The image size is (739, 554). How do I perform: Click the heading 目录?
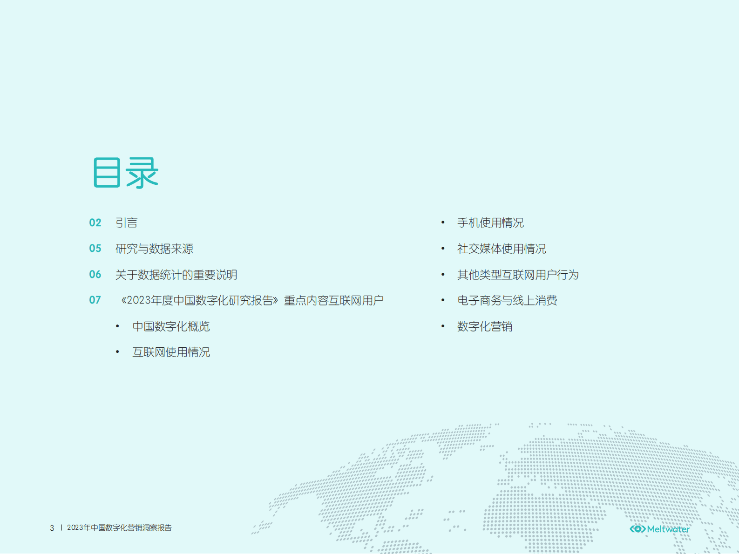tap(126, 173)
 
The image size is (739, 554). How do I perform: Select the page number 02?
tap(95, 223)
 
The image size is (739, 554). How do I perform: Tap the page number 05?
tap(95, 249)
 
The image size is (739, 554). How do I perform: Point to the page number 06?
tap(95, 275)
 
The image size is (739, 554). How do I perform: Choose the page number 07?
tap(95, 300)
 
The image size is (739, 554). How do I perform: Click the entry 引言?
tap(127, 223)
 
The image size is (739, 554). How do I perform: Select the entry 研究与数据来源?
tap(154, 249)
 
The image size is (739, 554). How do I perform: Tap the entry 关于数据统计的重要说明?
tap(176, 275)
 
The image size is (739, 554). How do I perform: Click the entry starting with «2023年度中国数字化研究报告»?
tap(252, 301)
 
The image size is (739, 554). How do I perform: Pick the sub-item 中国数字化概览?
tap(171, 326)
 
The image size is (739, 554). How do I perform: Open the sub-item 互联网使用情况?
tap(171, 352)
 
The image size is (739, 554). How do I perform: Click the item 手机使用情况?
tap(490, 223)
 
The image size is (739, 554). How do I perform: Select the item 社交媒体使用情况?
tap(502, 249)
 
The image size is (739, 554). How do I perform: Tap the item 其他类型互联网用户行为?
tap(518, 275)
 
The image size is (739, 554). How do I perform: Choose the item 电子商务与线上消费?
tap(507, 301)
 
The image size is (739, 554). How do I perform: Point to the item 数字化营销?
tap(485, 326)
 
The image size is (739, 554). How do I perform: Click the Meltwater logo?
tap(659, 529)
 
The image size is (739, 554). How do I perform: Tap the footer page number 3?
tap(52, 528)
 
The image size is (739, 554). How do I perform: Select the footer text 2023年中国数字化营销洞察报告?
tap(119, 528)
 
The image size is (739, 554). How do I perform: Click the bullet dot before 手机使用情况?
tap(443, 223)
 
